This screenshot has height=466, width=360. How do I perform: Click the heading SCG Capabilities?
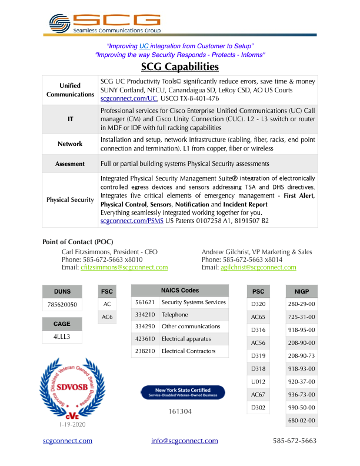point(180,66)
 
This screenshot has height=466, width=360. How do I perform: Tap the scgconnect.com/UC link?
point(129,99)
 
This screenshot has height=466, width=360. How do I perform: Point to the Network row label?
point(70,144)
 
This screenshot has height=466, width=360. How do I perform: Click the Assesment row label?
point(70,164)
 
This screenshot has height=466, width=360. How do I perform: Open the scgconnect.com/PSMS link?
point(132,220)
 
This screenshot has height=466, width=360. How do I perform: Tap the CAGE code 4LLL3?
point(62,337)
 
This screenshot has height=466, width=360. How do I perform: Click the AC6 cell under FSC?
point(107,317)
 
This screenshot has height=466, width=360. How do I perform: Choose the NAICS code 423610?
point(145,338)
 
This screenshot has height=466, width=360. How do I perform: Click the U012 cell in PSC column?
point(258,381)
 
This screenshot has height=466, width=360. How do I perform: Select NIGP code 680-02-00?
point(302,421)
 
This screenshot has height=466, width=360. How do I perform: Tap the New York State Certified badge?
point(183,392)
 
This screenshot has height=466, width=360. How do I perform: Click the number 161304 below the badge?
point(181,411)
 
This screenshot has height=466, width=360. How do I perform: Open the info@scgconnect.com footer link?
point(184,441)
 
